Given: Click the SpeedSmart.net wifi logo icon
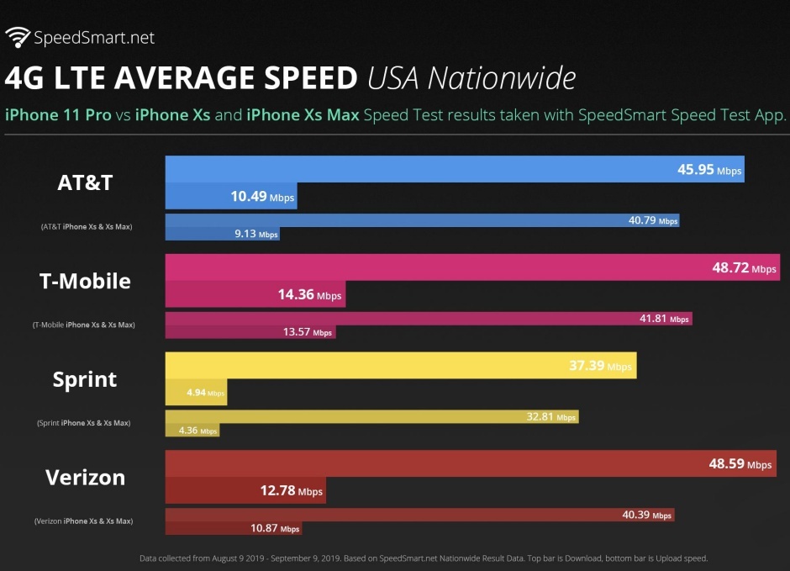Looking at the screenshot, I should pyautogui.click(x=18, y=36).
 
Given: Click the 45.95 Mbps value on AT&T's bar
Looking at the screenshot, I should pyautogui.click(x=709, y=170).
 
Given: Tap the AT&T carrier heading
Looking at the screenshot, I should pyautogui.click(x=85, y=182).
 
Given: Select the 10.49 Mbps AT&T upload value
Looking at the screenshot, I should pyautogui.click(x=262, y=197).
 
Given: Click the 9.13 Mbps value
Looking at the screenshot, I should pyautogui.click(x=255, y=234).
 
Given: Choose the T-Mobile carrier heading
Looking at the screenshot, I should pyautogui.click(x=85, y=280).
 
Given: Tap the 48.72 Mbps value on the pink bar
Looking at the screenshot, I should pyautogui.click(x=744, y=268).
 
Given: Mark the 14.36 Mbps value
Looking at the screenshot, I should pyautogui.click(x=309, y=295).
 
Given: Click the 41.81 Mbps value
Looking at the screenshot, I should pyautogui.click(x=664, y=320).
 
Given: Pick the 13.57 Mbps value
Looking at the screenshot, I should pyautogui.click(x=308, y=332).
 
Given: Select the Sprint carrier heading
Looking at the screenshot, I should pyautogui.click(x=85, y=378).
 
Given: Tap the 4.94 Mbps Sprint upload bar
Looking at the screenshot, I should pyautogui.click(x=197, y=393).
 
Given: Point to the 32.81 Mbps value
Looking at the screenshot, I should pyautogui.click(x=550, y=417).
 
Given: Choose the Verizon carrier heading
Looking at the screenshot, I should pyautogui.click(x=85, y=477).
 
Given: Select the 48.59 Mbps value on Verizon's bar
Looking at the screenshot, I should pyautogui.click(x=740, y=464).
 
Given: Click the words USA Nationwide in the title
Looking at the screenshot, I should pyautogui.click(x=471, y=78).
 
